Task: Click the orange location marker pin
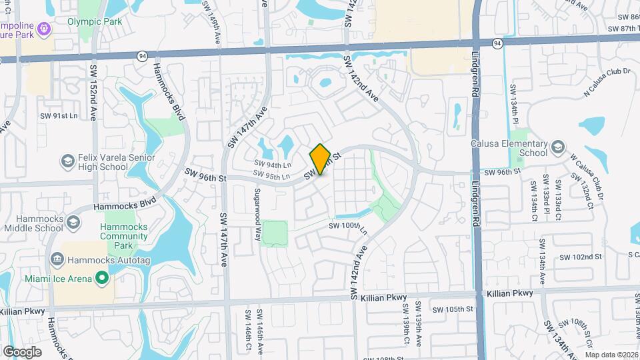[x=320, y=159]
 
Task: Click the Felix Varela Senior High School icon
[x=67, y=161]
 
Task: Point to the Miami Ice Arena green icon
[x=101, y=277]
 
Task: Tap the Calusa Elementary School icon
[x=557, y=146]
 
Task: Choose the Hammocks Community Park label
[x=124, y=235]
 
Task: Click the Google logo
[x=22, y=352]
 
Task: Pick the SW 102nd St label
[x=580, y=257]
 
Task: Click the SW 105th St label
[x=452, y=309]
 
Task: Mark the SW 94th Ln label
[x=273, y=165]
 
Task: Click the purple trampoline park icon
[x=44, y=29]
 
